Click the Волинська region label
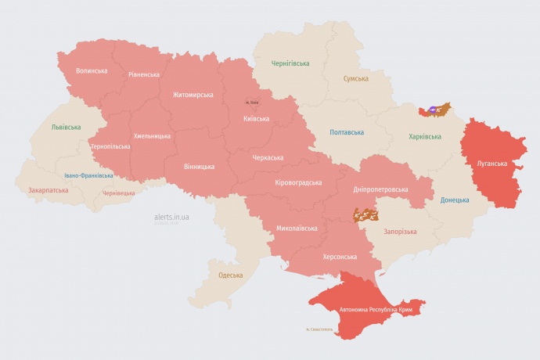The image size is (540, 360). click(x=92, y=70)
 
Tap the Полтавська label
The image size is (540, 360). click(x=345, y=132)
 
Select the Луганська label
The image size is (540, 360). click(x=491, y=164)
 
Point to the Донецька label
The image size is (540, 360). click(x=455, y=200)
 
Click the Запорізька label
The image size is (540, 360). click(x=400, y=232)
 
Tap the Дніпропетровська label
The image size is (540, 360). click(x=380, y=190)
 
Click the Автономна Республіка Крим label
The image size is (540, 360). click(x=376, y=311)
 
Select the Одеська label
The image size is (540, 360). click(x=230, y=275)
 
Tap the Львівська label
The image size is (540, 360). click(x=66, y=127)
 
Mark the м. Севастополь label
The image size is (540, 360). click(x=320, y=329)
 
